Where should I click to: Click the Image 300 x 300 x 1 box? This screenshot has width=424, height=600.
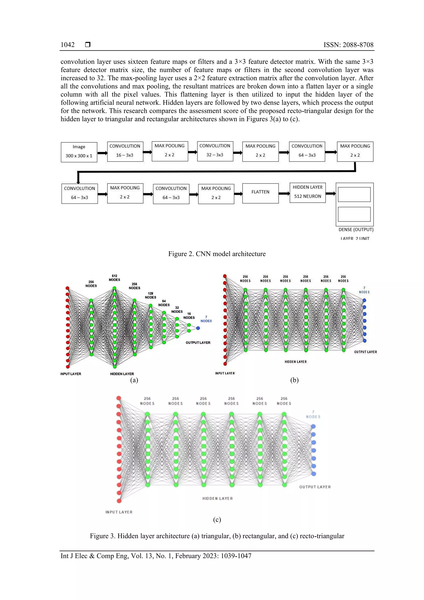(x=79, y=152)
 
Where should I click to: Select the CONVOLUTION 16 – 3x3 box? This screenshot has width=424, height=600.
(x=125, y=151)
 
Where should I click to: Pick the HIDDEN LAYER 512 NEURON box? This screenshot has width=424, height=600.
(x=307, y=193)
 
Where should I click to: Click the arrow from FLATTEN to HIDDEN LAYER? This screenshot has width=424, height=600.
(x=284, y=193)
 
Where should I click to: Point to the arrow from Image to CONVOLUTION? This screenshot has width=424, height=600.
(x=102, y=153)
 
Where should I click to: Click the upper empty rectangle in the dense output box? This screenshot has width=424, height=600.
(x=354, y=194)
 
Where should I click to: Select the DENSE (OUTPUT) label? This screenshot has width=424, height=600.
(x=356, y=229)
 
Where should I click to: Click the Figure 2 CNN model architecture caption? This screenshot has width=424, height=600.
(x=217, y=254)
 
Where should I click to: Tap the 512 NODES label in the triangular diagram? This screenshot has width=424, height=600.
(x=114, y=278)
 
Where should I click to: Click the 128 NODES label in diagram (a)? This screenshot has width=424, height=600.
(x=151, y=295)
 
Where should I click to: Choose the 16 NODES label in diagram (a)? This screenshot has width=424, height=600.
(x=189, y=316)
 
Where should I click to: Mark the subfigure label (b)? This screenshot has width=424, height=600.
(x=294, y=380)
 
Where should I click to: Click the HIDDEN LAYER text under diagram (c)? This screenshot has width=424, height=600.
(x=217, y=498)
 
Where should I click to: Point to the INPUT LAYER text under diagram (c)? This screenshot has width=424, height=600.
(x=119, y=512)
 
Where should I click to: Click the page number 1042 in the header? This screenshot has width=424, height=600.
(x=67, y=45)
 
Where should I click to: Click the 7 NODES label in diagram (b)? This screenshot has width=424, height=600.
(x=364, y=290)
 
